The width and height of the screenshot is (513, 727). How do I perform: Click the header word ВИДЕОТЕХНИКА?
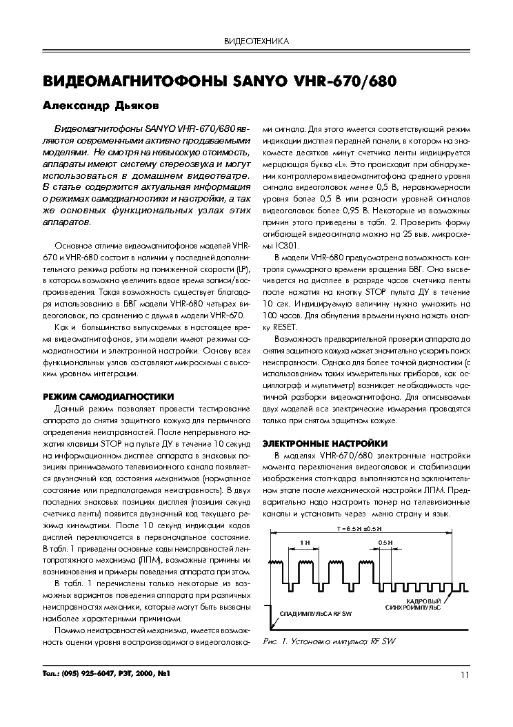coord(256,41)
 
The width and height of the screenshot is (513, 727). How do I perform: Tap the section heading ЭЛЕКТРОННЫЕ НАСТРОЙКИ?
coord(326,443)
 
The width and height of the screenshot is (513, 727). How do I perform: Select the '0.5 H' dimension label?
coord(385,543)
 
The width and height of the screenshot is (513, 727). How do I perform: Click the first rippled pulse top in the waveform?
coord(280,562)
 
